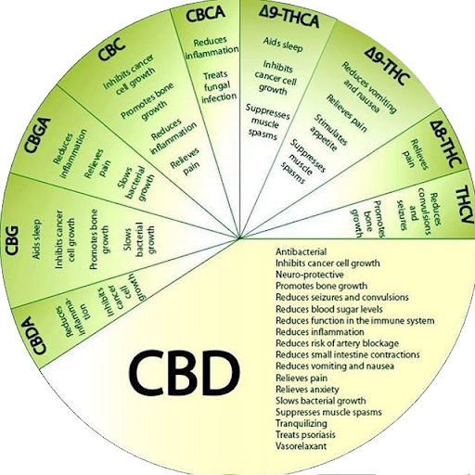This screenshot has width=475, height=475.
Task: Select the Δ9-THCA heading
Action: click(x=289, y=18)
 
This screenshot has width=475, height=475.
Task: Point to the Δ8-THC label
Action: click(x=445, y=144)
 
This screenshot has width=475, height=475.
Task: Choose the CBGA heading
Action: click(x=37, y=135)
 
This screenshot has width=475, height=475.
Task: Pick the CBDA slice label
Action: click(x=39, y=335)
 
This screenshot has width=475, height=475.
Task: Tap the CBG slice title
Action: click(x=13, y=240)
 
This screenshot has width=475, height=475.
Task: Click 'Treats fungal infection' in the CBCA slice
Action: click(x=219, y=86)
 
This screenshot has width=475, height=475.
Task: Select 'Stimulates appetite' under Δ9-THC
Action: click(x=328, y=134)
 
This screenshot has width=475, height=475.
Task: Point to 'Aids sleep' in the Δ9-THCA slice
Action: click(x=283, y=44)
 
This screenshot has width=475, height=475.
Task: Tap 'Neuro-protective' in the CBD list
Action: click(x=310, y=275)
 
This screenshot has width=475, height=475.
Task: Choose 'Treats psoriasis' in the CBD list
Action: click(x=305, y=435)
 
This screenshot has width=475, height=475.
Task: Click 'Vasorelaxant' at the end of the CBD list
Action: click(x=301, y=446)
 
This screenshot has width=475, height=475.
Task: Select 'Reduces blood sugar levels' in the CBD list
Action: click(x=329, y=309)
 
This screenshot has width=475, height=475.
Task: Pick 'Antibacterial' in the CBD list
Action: click(x=301, y=251)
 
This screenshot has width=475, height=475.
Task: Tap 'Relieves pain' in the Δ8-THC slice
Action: click(x=415, y=154)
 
